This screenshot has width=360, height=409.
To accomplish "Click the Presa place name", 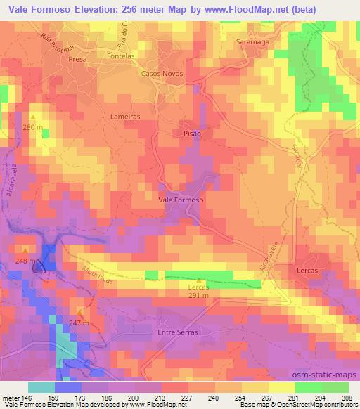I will click(x=77, y=60).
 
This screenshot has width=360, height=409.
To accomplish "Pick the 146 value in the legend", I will click(x=29, y=397).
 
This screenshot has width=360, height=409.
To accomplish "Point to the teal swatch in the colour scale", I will click(x=41, y=387).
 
